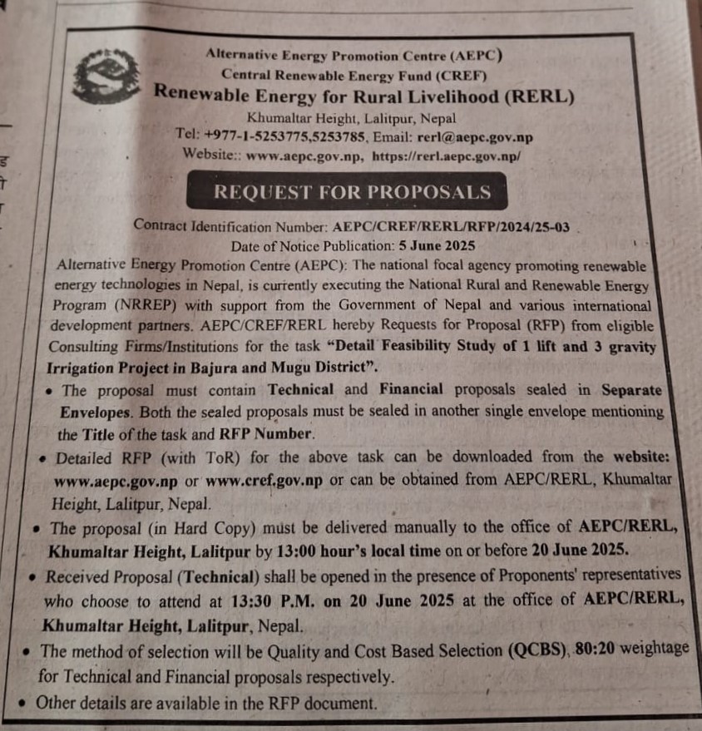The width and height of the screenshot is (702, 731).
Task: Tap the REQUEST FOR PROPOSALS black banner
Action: pyautogui.click(x=352, y=191)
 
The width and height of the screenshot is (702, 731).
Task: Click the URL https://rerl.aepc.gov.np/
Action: pyautogui.click(x=447, y=155)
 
